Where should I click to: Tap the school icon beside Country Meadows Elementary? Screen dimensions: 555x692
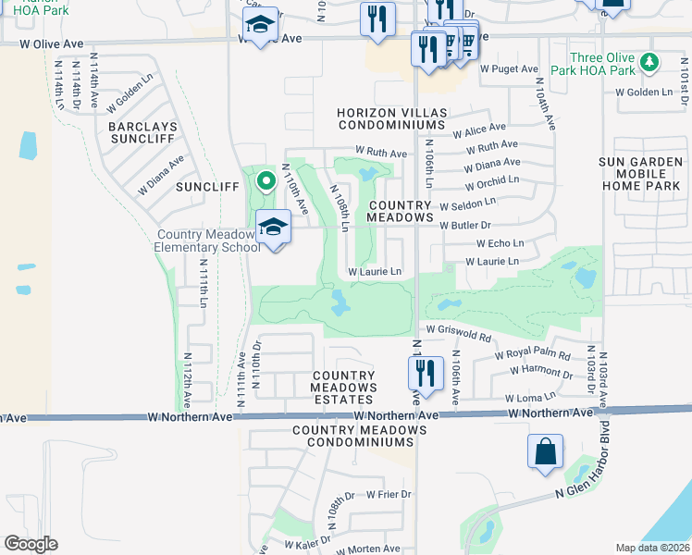[274, 226]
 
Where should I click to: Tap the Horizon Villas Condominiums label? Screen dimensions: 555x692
[392, 118]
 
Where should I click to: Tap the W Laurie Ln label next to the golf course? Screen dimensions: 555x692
[375, 272]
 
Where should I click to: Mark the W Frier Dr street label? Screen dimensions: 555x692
[389, 495]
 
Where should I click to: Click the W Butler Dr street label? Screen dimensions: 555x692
[464, 225]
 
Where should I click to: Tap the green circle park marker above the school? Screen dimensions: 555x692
[266, 180]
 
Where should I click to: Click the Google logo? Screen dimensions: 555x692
[31, 544]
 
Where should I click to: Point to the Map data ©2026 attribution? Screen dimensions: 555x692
[651, 548]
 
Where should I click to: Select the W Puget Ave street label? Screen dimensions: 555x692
[509, 68]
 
